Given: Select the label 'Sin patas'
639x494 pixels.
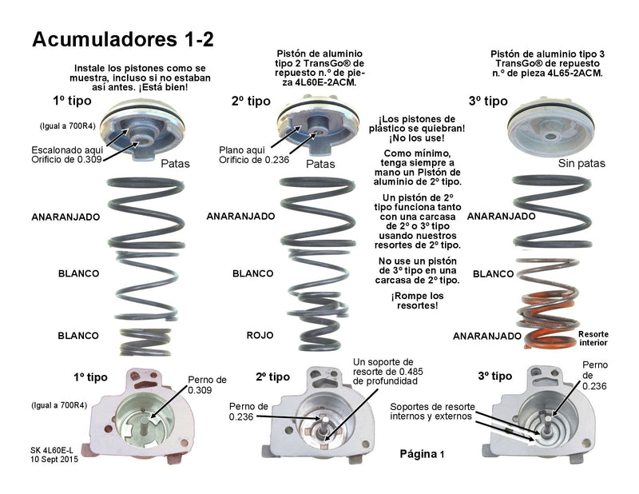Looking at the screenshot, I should tap(581, 163).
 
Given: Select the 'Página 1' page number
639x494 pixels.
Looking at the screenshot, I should tap(422, 453).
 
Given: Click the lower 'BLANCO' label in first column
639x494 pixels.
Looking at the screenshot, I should tap(78, 336).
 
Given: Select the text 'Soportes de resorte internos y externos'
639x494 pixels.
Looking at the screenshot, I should tap(430, 411).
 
